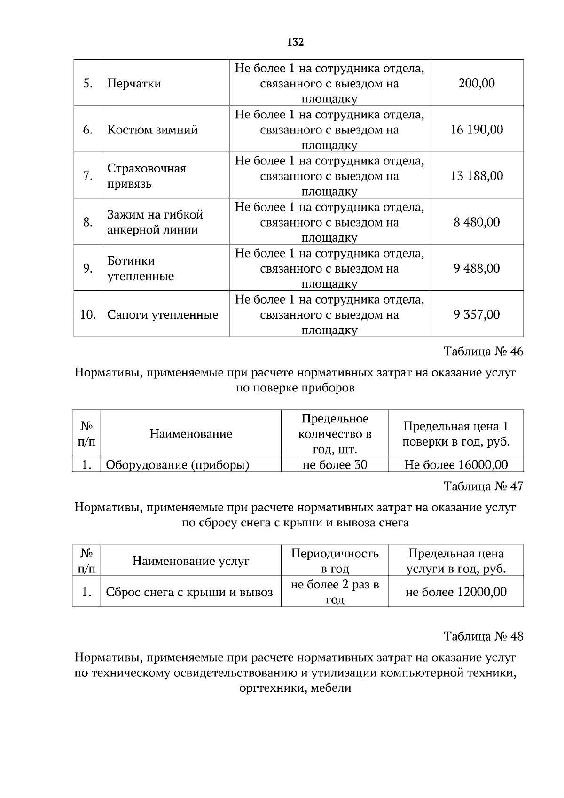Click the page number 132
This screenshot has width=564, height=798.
click(295, 42)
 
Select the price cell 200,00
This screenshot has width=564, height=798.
click(476, 84)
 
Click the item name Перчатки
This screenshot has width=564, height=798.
click(134, 84)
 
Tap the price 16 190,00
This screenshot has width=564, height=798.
click(476, 130)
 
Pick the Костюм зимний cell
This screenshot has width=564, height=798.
click(152, 130)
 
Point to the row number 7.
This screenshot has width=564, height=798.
click(88, 176)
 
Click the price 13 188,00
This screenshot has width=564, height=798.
click(476, 176)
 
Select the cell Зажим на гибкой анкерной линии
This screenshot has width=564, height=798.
click(155, 222)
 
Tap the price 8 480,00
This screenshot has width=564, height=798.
click(476, 222)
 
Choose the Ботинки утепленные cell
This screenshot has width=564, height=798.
click(141, 268)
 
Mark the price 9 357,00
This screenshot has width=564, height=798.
click(476, 314)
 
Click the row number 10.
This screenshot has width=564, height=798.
click(88, 314)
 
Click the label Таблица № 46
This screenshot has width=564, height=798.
click(483, 352)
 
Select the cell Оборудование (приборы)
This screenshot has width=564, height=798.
click(177, 465)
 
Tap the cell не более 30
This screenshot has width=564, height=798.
click(335, 465)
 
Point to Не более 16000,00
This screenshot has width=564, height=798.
click(456, 465)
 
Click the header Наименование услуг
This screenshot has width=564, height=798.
click(190, 561)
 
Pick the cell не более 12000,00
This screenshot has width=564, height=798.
click(456, 592)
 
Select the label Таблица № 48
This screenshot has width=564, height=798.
click(483, 636)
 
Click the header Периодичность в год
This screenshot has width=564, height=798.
click(335, 561)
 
